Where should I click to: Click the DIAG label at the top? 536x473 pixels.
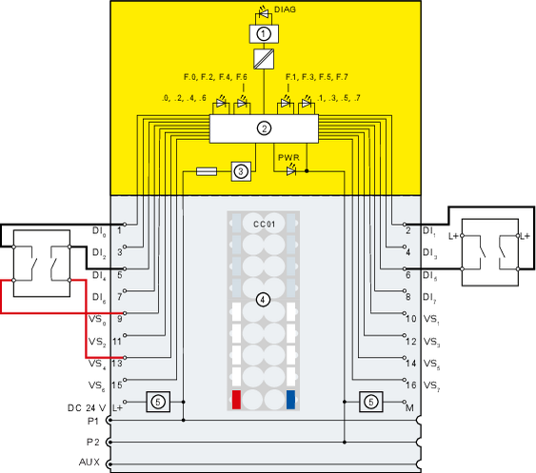coord(285,10)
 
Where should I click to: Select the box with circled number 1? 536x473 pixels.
coord(264,34)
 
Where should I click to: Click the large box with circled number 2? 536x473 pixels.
coord(264,128)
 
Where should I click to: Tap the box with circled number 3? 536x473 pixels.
coord(241,171)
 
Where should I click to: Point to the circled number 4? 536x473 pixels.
coord(263,300)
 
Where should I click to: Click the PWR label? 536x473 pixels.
coord(288,158)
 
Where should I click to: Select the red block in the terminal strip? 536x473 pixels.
coord(236,400)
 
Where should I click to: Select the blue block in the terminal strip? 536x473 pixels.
coord(290,400)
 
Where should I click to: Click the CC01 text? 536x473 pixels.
coord(264,225)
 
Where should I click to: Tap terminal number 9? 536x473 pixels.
coord(120,319)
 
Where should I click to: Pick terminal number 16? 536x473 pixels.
coord(411,385)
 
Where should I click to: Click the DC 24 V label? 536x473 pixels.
coord(87,408)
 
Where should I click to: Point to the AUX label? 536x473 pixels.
coord(89,463)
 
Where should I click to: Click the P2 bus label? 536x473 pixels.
coord(92,443)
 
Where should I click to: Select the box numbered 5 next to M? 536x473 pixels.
coord(371,402)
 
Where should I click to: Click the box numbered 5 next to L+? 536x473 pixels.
coord(158,402)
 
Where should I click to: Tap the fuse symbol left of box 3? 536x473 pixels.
coord(207,171)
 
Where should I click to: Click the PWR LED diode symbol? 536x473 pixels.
coord(291,170)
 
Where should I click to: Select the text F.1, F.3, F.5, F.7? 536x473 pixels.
coord(316,77)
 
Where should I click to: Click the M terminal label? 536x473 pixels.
coord(409,408)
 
